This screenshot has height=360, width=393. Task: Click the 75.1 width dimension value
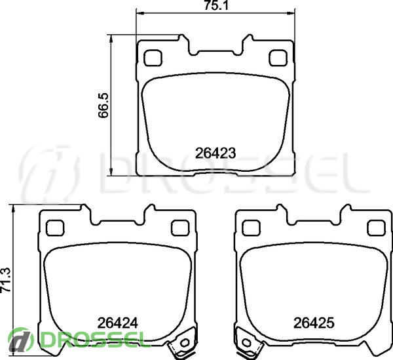[x=215, y=5]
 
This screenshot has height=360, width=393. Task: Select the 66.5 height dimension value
[x=103, y=105]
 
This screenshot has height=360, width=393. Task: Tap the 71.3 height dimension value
[x=6, y=280]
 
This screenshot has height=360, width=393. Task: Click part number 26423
[x=215, y=153]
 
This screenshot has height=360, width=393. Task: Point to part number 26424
[x=117, y=323]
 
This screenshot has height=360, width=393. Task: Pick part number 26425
[x=314, y=323]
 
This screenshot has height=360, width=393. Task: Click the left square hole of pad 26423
[x=153, y=58]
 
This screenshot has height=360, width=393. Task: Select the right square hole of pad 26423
[x=278, y=58]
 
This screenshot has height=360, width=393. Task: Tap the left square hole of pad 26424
[x=55, y=228]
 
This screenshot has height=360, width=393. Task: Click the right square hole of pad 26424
[x=180, y=228]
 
